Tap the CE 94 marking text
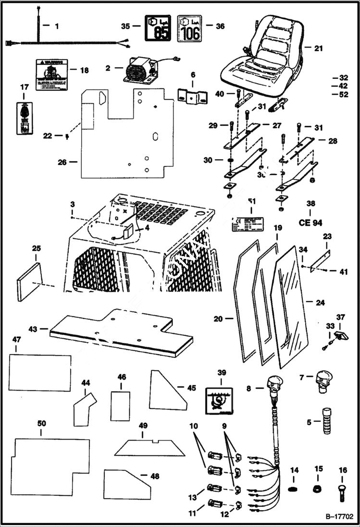coord(310,222)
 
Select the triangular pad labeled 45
coord(167,390)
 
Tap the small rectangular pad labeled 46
coord(121,399)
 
